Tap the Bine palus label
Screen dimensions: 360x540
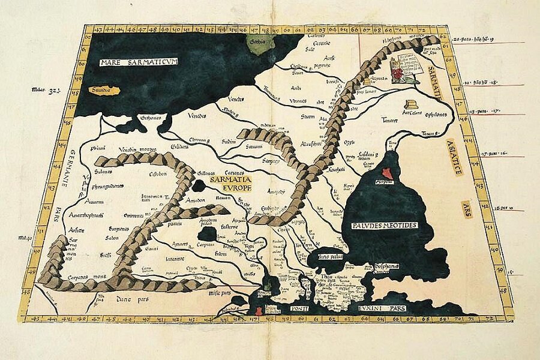tap(331, 256)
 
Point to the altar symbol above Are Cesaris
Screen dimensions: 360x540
tap(412, 104)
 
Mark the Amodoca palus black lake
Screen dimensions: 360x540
tap(208, 232)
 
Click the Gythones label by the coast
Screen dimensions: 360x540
tap(151, 118)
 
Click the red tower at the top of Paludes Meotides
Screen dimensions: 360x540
tap(387, 173)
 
